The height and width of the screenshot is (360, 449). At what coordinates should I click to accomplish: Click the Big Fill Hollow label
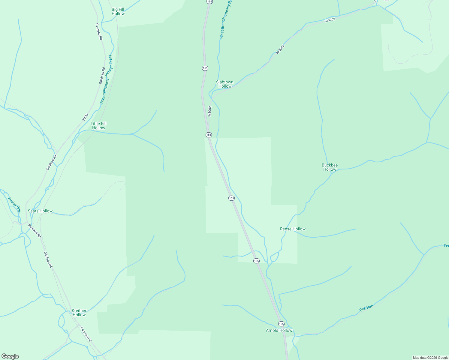118,11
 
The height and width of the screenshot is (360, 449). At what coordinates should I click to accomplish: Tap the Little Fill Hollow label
98,126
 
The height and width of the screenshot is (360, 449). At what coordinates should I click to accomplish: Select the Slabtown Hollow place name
224,84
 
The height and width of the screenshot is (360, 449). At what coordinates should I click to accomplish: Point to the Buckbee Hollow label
330,167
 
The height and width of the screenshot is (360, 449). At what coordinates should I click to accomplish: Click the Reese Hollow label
293,229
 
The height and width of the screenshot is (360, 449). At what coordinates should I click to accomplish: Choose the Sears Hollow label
40,211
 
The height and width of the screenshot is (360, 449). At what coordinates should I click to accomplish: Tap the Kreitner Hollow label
79,313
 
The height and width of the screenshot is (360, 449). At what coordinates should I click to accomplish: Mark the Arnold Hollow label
279,330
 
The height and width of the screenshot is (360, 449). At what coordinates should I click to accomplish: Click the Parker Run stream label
14,205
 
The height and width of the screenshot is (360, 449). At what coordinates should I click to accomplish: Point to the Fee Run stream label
366,308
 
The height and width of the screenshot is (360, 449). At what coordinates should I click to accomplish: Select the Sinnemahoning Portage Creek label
106,79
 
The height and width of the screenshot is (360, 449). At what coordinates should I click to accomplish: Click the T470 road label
86,117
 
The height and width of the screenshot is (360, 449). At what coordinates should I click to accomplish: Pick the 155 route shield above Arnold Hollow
281,324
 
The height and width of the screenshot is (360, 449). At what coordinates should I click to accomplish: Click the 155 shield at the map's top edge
209,1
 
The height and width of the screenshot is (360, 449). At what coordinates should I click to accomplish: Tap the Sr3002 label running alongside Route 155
210,111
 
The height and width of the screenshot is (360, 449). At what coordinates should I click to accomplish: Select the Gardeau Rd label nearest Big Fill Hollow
99,32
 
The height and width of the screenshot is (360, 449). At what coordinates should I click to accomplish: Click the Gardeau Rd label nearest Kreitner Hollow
86,334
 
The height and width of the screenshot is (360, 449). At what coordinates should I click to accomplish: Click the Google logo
10,356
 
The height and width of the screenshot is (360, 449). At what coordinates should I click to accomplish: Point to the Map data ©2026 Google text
430,358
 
